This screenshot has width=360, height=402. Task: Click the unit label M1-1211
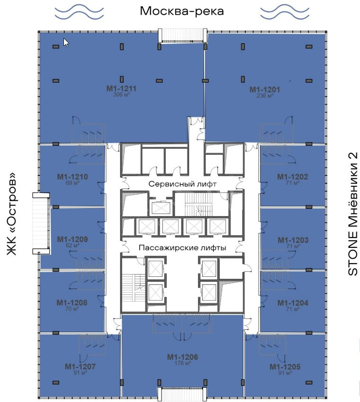(x=121, y=89)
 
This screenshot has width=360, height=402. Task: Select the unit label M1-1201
(x=265, y=90)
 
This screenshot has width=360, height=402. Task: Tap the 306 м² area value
(x=121, y=95)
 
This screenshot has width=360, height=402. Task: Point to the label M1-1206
(x=182, y=357)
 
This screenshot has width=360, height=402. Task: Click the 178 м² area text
(x=182, y=363)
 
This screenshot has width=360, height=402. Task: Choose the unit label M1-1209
(x=72, y=239)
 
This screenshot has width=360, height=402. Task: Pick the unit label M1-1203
(x=293, y=240)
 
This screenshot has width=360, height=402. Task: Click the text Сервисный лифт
(x=182, y=184)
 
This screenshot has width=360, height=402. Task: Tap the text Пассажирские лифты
(x=182, y=247)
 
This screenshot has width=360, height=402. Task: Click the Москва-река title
(x=182, y=11)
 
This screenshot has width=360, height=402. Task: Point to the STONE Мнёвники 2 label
(x=353, y=214)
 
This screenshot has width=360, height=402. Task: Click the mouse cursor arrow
(x=66, y=43)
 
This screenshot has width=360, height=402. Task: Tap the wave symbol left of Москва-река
(x=79, y=12)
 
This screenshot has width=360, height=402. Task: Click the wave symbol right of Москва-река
(x=285, y=11)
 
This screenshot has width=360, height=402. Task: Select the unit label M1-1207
(x=80, y=366)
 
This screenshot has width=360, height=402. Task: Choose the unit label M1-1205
(x=285, y=366)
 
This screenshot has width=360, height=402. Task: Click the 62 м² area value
(x=72, y=246)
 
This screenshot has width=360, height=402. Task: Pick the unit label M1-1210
(x=72, y=177)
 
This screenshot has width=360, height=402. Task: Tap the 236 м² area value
(x=265, y=96)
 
